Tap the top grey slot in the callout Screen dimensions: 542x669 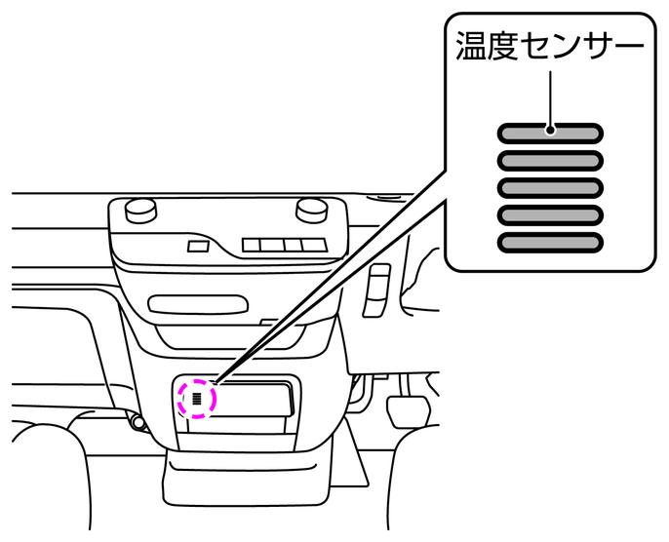point(551,133)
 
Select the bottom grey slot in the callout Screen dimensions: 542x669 point(551,242)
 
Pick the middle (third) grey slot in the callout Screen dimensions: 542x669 point(551,187)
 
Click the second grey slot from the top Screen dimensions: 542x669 point(551,160)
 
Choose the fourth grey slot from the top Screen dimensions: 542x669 point(551,214)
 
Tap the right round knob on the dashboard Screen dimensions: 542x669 point(310,207)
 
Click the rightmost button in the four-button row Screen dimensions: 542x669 point(313,245)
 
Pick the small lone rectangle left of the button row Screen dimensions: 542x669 point(198,246)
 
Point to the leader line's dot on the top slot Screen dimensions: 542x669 point(551,130)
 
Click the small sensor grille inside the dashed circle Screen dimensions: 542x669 point(197,398)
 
